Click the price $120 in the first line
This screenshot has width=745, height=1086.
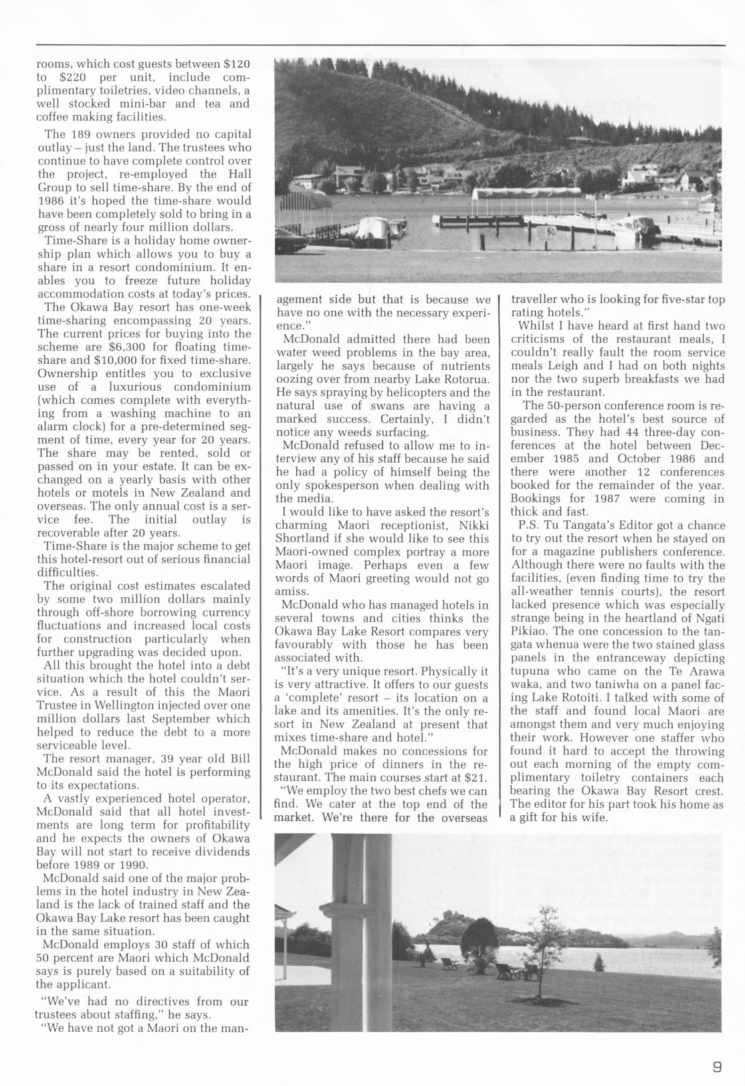(x=237, y=64)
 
